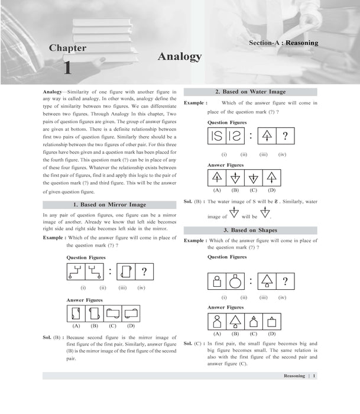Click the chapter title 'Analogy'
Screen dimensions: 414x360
point(180,57)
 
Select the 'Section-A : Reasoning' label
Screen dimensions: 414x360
point(283,43)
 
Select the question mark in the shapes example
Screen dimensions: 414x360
point(285,281)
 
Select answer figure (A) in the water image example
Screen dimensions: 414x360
point(217,177)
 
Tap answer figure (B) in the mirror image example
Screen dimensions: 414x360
point(95,313)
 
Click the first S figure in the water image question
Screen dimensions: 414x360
point(218,137)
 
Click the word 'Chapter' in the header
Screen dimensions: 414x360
point(67,47)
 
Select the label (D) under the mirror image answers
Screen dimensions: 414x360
point(131,326)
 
